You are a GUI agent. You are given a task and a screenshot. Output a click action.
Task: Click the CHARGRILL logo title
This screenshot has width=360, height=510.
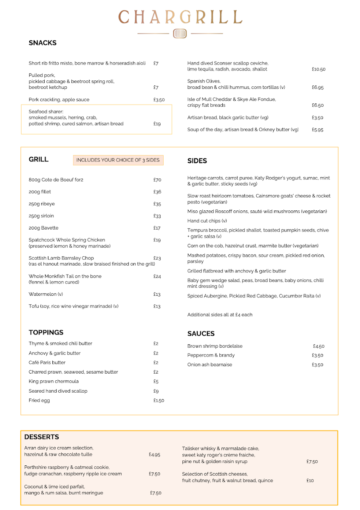click(x=180, y=17)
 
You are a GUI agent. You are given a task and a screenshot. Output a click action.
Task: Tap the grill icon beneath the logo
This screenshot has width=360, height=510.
click(x=180, y=34)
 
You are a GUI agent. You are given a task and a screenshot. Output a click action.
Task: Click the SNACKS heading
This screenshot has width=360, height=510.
click(x=43, y=43)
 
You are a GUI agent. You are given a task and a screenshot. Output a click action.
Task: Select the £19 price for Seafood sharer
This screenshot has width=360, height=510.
click(x=157, y=124)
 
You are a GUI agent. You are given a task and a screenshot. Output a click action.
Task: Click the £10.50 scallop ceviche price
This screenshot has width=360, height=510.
click(x=318, y=69)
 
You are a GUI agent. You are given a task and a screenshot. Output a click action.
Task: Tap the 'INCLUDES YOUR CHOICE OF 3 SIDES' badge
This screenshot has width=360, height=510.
click(x=118, y=160)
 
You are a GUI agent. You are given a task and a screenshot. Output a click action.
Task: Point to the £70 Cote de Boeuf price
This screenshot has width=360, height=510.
click(x=157, y=180)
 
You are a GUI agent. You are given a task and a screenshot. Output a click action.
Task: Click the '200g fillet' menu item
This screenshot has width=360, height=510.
click(x=40, y=192)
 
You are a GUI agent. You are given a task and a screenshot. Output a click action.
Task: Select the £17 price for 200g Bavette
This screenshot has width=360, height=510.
click(x=157, y=228)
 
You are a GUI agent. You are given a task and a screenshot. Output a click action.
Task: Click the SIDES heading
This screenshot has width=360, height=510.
click(x=197, y=161)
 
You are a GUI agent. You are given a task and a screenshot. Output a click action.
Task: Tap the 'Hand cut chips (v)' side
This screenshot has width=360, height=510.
click(x=207, y=221)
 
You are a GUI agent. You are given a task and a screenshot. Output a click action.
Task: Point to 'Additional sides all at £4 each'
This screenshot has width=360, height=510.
click(x=220, y=315)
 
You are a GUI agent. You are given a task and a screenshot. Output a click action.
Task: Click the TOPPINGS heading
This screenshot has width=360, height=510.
click(x=46, y=332)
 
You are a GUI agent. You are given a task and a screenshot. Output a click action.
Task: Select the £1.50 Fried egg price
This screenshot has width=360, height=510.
click(x=159, y=400)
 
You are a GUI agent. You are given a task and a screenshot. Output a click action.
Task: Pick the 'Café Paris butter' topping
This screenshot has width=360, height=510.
click(x=47, y=363)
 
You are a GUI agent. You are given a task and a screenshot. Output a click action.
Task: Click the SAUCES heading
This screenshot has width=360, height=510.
click(x=201, y=334)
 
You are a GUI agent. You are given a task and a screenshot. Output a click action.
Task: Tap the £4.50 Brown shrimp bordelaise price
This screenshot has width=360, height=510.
click(x=318, y=346)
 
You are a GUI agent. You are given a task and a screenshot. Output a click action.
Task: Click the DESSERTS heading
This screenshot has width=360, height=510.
click(x=42, y=437)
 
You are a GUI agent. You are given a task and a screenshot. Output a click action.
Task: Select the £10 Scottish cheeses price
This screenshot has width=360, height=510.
click(x=310, y=481)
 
